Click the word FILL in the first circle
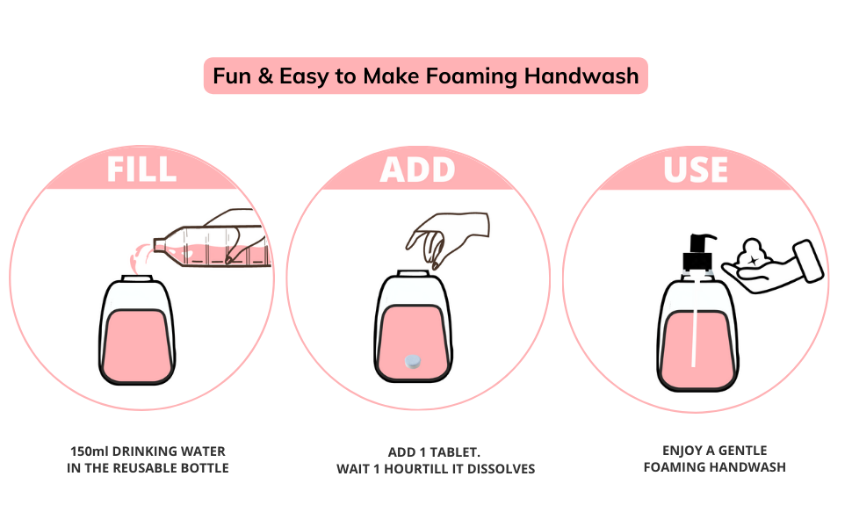point(141,169)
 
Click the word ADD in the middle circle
point(417,169)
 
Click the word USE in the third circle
point(695,169)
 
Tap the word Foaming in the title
point(471,76)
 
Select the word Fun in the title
point(233,76)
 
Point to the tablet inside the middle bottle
point(411,361)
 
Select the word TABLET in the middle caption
point(457,451)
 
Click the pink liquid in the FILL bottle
point(134,347)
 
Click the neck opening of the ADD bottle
point(411,275)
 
